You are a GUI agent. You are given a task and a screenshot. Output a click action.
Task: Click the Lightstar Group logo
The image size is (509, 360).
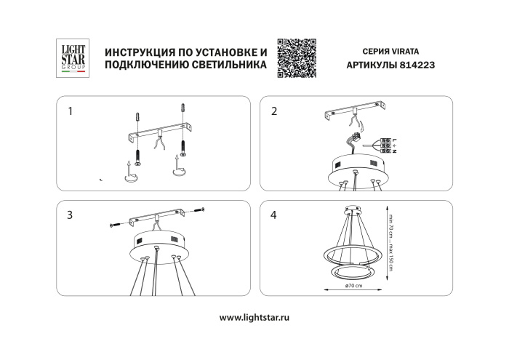tap(71, 58)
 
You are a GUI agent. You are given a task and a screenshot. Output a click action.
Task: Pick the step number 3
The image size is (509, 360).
tap(70, 215)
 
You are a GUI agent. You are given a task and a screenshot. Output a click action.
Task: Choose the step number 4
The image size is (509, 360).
tap(274, 215)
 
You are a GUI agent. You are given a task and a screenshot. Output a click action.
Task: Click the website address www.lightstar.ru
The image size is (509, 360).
tap(254, 318)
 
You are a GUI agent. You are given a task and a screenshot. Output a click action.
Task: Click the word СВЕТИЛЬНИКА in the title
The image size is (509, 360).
tap(220, 65)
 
